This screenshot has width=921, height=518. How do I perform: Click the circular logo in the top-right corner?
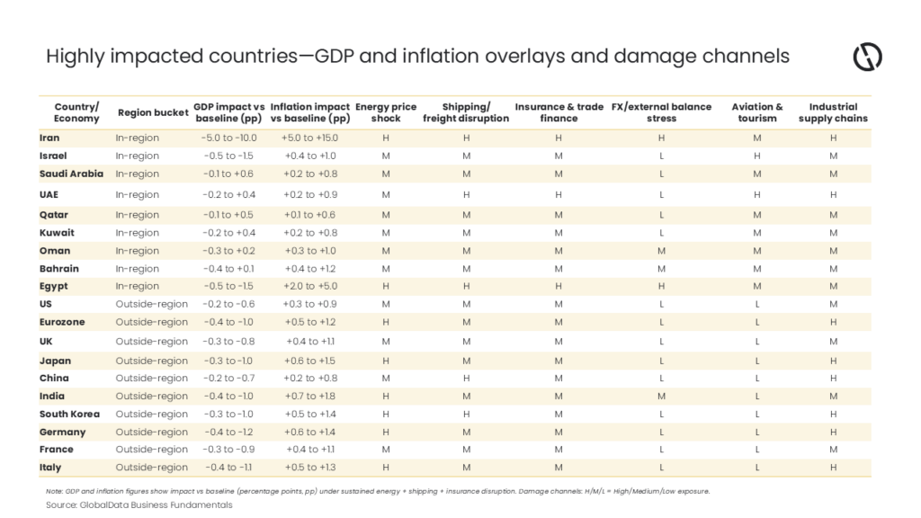click(x=868, y=57)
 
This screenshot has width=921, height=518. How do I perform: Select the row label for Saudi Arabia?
click(x=71, y=174)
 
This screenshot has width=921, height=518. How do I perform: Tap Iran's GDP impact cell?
click(x=228, y=138)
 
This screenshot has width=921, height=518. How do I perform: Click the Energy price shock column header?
click(x=386, y=112)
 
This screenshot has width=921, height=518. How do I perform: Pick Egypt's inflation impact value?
click(x=310, y=286)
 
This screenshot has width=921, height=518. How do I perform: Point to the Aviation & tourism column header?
click(x=757, y=112)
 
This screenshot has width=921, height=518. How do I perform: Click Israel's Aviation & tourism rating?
click(x=757, y=156)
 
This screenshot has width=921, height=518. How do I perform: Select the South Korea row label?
click(x=69, y=414)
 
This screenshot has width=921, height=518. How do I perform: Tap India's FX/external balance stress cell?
click(x=661, y=397)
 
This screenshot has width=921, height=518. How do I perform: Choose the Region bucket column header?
click(x=153, y=112)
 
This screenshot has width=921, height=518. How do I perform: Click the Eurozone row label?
click(x=62, y=322)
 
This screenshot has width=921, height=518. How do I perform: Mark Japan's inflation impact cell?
click(x=310, y=361)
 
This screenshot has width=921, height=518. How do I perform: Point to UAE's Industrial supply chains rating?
click(x=833, y=195)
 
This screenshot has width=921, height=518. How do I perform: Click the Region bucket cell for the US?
click(x=151, y=304)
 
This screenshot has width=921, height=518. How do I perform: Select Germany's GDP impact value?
click(x=228, y=433)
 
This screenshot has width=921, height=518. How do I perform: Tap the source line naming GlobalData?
click(x=139, y=505)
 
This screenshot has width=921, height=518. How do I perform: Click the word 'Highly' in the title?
click(x=76, y=57)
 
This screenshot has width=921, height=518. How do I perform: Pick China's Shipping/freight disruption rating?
click(x=467, y=379)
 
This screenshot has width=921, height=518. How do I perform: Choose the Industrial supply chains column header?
click(x=833, y=112)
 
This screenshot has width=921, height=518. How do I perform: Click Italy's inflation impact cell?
click(x=310, y=468)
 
